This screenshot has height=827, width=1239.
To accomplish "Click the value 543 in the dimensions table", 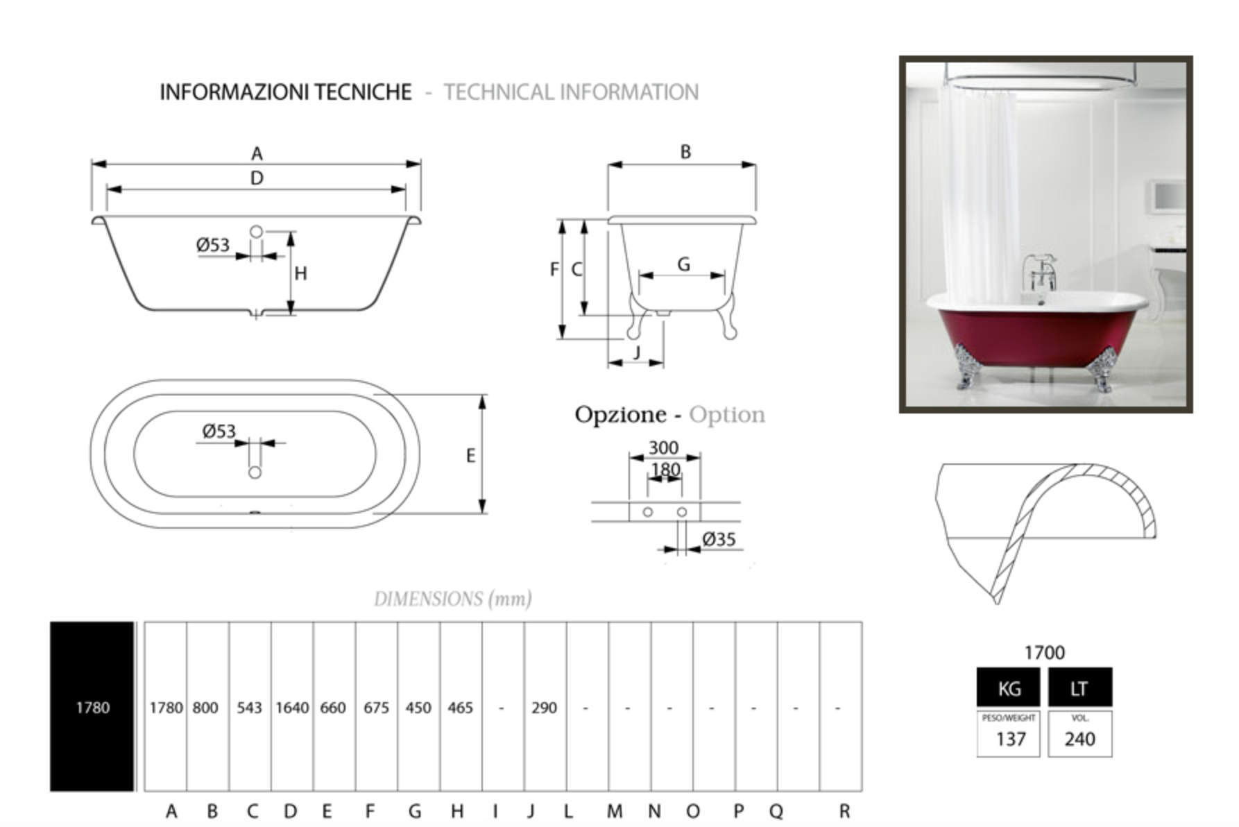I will pyautogui.click(x=249, y=708).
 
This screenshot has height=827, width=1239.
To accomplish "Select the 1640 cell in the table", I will pyautogui.click(x=291, y=708).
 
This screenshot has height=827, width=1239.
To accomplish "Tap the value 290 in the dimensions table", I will pyautogui.click(x=544, y=708).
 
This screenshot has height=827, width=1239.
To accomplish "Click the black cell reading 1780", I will pyautogui.click(x=92, y=707).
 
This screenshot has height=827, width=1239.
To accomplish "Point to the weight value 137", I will pyautogui.click(x=1010, y=739).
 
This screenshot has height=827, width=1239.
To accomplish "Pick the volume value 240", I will pyautogui.click(x=1079, y=739).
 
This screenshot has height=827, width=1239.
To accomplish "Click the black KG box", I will pyautogui.click(x=1008, y=688).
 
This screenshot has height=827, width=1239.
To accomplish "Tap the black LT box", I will pyautogui.click(x=1079, y=688).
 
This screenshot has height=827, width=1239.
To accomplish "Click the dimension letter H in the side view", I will pyautogui.click(x=300, y=273).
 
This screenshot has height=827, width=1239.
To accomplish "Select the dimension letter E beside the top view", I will pyautogui.click(x=470, y=456).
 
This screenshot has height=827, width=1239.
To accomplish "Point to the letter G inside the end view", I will pyautogui.click(x=683, y=264).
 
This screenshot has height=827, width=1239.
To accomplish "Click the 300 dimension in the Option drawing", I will pyautogui.click(x=663, y=447).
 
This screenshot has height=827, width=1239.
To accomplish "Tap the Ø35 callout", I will pyautogui.click(x=719, y=539).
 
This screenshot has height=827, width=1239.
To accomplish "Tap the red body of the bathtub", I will pyautogui.click(x=1034, y=336).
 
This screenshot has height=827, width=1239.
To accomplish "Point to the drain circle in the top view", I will pyautogui.click(x=255, y=472).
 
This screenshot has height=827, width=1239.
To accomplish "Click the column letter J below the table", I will pyautogui.click(x=531, y=811).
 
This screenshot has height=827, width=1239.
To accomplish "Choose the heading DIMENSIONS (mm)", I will pyautogui.click(x=452, y=599).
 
